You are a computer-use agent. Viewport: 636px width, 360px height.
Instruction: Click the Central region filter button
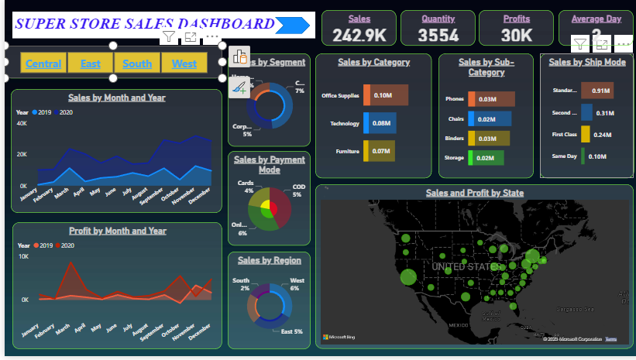[43, 63]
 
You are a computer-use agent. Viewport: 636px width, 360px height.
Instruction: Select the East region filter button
[91, 63]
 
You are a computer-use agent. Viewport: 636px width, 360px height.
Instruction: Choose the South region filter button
[137, 63]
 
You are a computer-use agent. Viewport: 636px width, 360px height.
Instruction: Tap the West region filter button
[184, 63]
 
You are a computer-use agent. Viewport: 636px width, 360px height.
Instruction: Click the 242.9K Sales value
[359, 35]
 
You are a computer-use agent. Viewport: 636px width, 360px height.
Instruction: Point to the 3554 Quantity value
[438, 35]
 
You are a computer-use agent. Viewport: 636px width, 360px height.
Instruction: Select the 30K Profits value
[516, 35]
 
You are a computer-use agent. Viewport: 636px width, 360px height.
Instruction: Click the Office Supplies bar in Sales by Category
[385, 95]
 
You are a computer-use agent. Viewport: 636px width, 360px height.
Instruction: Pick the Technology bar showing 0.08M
[380, 123]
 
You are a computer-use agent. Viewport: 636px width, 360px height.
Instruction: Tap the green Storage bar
[486, 158]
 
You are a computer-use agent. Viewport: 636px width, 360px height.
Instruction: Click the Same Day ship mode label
[565, 156]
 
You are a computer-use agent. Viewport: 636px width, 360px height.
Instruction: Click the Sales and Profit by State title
[474, 193]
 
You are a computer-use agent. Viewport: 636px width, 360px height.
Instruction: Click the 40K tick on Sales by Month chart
[22, 124]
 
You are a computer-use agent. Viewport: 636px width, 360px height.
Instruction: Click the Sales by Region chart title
[268, 261]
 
